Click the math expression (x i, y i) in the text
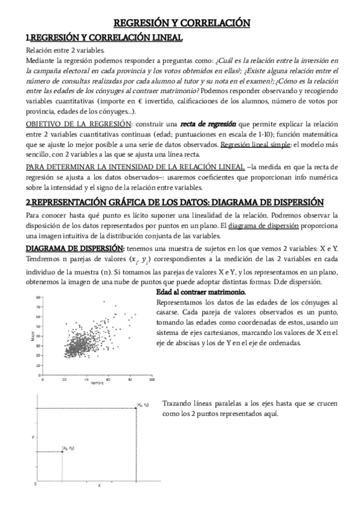[x=140, y=259]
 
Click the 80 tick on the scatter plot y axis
[x=37, y=297]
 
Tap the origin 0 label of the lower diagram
[x=35, y=483]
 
